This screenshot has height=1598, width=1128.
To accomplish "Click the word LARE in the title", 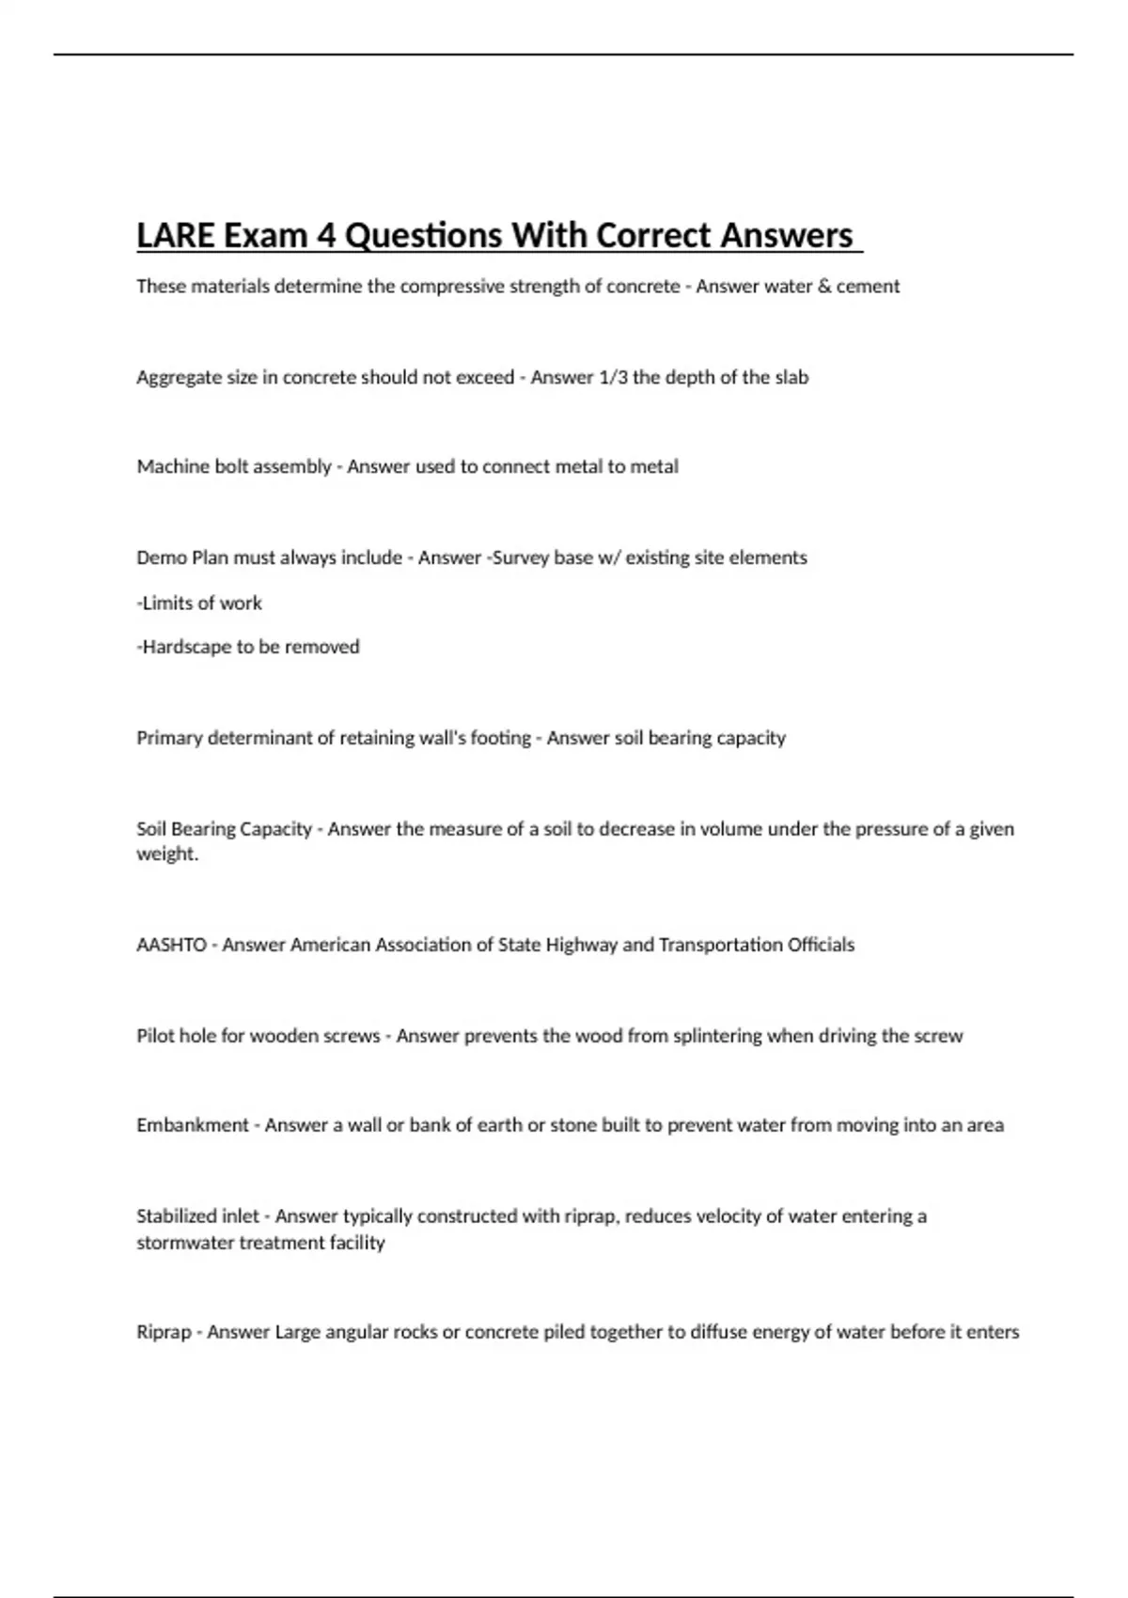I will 176,235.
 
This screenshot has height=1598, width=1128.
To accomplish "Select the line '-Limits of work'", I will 199,603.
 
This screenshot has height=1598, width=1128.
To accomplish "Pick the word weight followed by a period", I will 166,854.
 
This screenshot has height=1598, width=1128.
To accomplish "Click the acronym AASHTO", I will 171,945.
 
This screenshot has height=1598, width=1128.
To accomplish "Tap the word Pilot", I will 156,1036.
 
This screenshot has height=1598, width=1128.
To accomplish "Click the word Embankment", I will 192,1125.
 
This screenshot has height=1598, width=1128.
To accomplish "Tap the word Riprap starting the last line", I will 164,1332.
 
